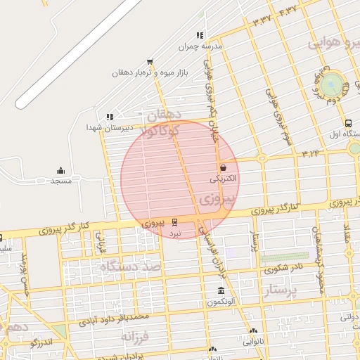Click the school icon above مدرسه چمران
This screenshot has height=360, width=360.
click(x=200, y=35)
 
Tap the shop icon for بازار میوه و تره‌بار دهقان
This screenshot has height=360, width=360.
click(x=149, y=62)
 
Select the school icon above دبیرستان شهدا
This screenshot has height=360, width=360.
click(x=109, y=117)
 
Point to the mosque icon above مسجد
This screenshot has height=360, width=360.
click(x=60, y=170)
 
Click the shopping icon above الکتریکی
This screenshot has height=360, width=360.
click(x=224, y=168)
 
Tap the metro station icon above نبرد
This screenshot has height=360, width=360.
click(x=175, y=222)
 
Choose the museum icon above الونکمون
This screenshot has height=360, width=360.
click(x=221, y=291)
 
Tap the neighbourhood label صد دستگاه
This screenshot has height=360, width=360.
click(x=131, y=266)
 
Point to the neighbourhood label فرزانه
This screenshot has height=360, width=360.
click(x=136, y=337)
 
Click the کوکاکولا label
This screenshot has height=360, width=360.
click(x=161, y=131)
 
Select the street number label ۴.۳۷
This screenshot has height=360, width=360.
click(x=288, y=10)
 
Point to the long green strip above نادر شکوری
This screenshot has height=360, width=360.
click(x=284, y=257)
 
